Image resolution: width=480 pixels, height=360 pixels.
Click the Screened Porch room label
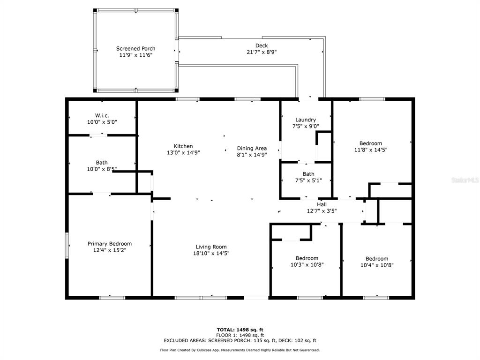135,48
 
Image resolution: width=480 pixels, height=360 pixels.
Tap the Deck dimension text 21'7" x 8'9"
262,52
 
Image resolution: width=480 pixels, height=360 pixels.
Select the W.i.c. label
102,115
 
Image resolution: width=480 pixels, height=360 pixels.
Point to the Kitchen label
183,146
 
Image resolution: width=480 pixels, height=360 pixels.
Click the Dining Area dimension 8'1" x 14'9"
252,155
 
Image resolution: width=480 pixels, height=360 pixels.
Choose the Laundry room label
306,120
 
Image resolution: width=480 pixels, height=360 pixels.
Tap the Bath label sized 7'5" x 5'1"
308,174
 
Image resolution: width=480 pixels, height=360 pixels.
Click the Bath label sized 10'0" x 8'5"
102,163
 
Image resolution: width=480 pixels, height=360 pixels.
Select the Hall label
322,204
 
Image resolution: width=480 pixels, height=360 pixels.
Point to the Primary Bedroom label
110,244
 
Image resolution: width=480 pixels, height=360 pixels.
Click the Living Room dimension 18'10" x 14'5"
211,253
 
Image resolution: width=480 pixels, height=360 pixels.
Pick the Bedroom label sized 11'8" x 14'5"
371,143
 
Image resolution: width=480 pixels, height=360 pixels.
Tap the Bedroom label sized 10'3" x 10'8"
307,258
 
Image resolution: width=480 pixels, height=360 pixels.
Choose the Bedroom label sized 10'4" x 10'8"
377,259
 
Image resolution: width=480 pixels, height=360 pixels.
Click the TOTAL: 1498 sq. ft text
240,330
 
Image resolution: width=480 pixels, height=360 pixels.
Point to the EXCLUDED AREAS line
240,340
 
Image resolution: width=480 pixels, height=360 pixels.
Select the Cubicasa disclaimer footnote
240,350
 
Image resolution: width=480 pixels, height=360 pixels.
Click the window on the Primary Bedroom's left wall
67,246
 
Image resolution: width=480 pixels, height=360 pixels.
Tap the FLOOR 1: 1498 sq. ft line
240,335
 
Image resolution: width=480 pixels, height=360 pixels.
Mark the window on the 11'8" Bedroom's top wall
372,99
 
